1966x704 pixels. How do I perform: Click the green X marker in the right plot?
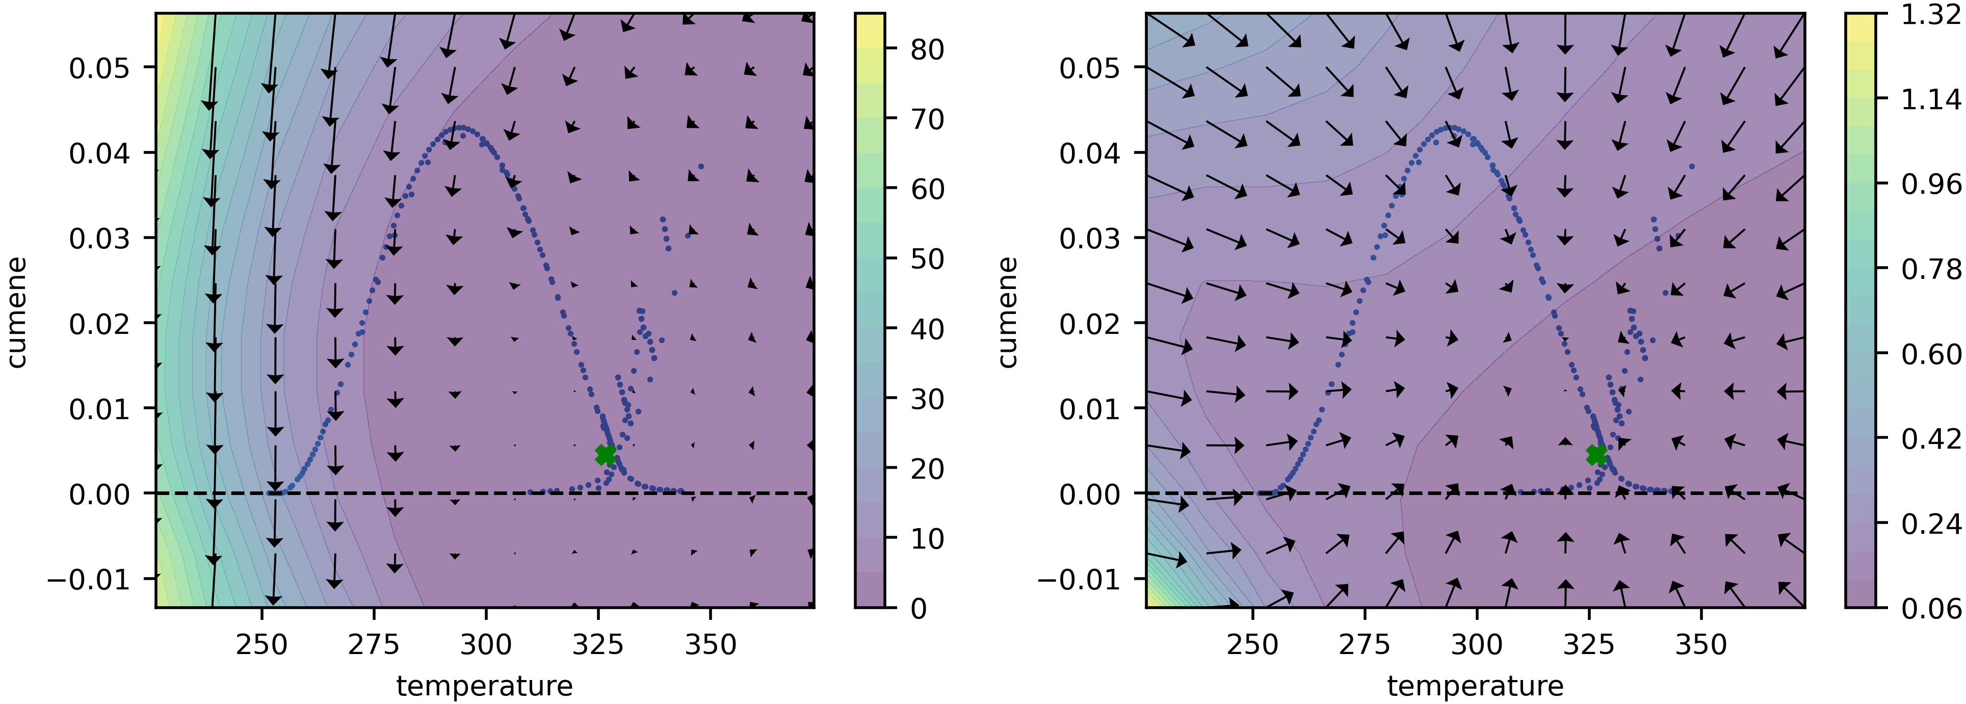(1596, 455)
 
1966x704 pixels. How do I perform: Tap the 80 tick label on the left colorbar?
(927, 49)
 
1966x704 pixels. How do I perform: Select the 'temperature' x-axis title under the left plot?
(485, 686)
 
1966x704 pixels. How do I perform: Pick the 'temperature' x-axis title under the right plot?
(1475, 686)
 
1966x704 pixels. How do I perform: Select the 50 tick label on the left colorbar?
(927, 259)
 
